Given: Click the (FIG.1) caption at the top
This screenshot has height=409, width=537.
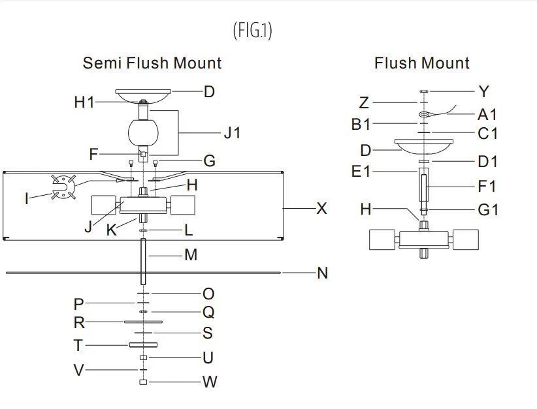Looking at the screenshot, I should click(252, 31).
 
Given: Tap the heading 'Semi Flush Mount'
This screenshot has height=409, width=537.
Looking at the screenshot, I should click(152, 63).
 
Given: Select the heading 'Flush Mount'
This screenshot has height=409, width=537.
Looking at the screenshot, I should click(421, 63).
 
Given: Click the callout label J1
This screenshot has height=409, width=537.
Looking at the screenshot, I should click(232, 133).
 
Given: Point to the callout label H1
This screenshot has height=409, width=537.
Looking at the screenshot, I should click(84, 102).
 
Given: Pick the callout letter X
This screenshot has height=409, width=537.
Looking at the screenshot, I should click(321, 209).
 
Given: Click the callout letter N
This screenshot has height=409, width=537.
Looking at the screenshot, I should click(322, 273).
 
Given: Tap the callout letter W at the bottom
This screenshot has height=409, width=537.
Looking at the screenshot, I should click(209, 382).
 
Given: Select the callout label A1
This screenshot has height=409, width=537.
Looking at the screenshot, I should click(487, 115).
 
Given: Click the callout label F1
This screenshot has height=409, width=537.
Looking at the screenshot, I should click(487, 187).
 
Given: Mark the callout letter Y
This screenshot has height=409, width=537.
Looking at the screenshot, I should click(483, 91).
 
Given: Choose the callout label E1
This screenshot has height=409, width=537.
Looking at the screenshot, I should click(361, 172).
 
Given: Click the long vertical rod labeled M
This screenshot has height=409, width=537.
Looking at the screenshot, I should click(142, 261).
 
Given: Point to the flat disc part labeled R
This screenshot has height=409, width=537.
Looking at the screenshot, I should click(142, 322).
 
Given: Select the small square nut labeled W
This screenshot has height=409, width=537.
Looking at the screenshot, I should click(143, 382).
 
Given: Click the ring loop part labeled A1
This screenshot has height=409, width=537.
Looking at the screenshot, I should click(425, 115).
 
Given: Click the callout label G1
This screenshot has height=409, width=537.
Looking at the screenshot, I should click(487, 210).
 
